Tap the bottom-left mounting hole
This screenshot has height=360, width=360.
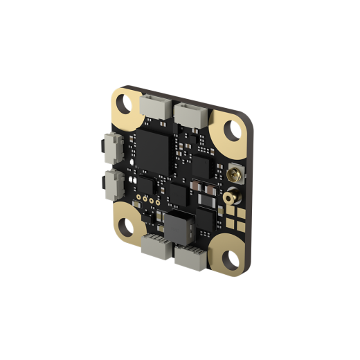click(x=127, y=226)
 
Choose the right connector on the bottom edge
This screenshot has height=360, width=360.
click(x=189, y=257)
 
